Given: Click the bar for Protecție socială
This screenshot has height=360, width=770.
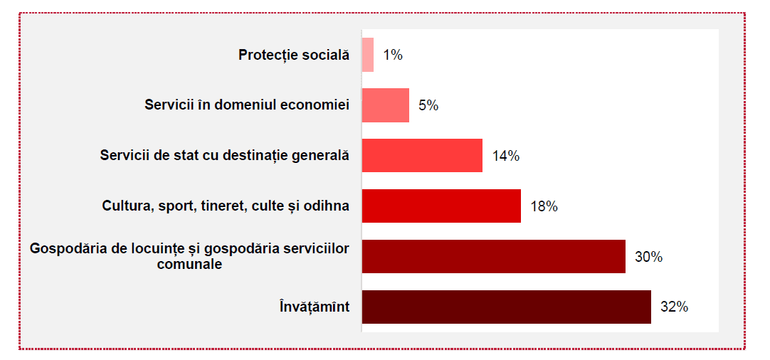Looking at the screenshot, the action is coord(368,55).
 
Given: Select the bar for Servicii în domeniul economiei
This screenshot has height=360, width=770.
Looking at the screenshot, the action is coord(386,105).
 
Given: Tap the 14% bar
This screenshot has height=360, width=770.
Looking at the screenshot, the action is coord(422,156).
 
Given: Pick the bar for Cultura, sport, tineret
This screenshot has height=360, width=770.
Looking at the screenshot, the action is coord(441,206).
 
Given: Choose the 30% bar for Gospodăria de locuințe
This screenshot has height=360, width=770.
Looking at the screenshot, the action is coord(494,256).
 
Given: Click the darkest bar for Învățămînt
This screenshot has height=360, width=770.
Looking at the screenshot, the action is coord(507,307).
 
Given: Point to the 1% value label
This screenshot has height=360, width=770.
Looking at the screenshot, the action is coord(393,55).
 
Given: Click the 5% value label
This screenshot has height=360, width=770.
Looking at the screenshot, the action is coord(428,105).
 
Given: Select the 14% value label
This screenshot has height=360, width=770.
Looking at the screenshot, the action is coord(506,157).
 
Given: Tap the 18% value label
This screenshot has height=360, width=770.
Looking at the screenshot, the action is coord(544,206).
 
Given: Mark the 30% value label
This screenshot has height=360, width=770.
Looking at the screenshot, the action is coord(649,257).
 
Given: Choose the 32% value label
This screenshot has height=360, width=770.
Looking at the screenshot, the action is coord(674,307).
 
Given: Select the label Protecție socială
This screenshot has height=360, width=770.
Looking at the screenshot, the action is coord(294,55).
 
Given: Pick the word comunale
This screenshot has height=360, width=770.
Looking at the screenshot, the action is coord(189,264).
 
